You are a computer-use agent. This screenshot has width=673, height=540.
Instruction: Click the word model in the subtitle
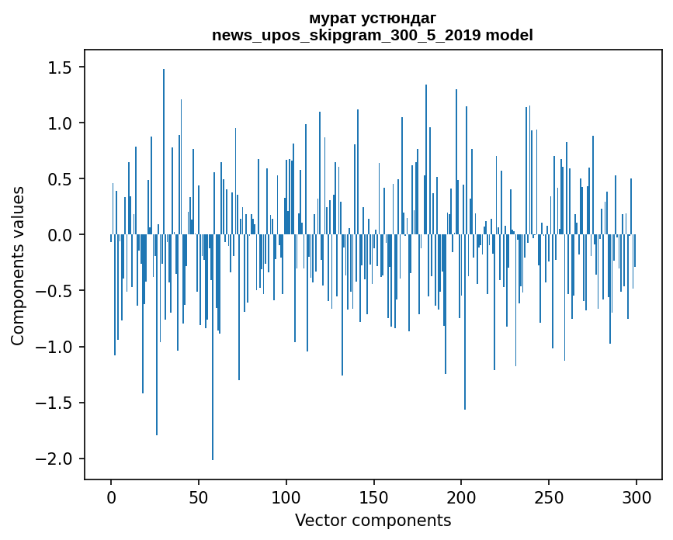[508, 35]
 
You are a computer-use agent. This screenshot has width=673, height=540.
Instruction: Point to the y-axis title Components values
[18, 265]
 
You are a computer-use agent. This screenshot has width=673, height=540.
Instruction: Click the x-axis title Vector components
[373, 520]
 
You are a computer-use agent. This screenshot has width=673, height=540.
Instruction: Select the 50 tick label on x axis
[199, 497]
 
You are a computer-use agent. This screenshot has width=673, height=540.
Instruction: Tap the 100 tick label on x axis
[286, 497]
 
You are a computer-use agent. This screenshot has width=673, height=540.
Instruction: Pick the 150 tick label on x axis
[373, 497]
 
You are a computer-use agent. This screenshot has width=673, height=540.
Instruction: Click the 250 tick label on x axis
[549, 497]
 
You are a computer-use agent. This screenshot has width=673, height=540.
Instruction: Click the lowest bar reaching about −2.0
[213, 349]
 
